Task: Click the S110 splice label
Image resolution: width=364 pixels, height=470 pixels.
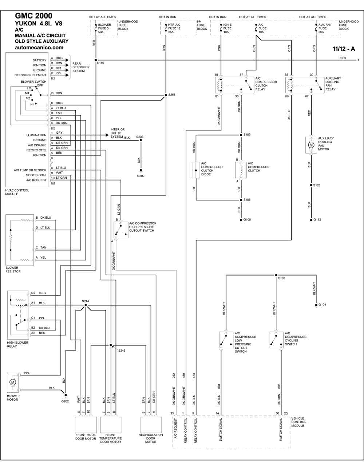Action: pyautogui.click(x=100, y=63)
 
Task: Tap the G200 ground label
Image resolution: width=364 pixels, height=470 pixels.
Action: pyautogui.click(x=141, y=176)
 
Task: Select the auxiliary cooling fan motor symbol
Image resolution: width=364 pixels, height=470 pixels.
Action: pyautogui.click(x=311, y=145)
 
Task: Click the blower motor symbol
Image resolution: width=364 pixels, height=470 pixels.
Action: pyautogui.click(x=13, y=382)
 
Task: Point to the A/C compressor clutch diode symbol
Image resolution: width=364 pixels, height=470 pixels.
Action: pyautogui.click(x=196, y=170)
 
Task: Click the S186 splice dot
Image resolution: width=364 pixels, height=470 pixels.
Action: pyautogui.click(x=241, y=135)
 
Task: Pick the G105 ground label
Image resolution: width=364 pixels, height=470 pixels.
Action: pyautogui.click(x=247, y=219)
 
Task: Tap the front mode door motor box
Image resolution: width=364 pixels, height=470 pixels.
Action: pyautogui.click(x=86, y=425)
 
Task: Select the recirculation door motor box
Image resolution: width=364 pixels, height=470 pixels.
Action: pyautogui.click(x=151, y=425)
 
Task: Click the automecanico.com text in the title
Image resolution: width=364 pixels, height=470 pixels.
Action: pyautogui.click(x=39, y=48)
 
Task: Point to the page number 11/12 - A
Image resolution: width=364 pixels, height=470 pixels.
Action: pyautogui.click(x=344, y=49)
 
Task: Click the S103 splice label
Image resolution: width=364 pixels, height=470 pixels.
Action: pyautogui.click(x=282, y=278)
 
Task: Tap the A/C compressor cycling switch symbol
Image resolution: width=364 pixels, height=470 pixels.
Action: pyautogui.click(x=276, y=340)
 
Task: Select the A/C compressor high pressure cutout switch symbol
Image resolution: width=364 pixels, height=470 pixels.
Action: pyautogui.click(x=121, y=230)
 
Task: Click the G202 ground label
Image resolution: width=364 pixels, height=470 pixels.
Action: pyautogui.click(x=65, y=401)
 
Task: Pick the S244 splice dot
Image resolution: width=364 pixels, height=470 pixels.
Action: pyautogui.click(x=86, y=305)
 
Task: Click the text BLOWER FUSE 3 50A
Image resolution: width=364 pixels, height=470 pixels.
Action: pyautogui.click(x=104, y=28)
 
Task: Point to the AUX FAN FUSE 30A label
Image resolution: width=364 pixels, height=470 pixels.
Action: pyautogui.click(x=325, y=28)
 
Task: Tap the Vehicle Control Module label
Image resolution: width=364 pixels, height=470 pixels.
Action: pyautogui.click(x=298, y=422)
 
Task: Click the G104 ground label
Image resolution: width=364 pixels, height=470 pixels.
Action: pyautogui.click(x=322, y=304)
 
